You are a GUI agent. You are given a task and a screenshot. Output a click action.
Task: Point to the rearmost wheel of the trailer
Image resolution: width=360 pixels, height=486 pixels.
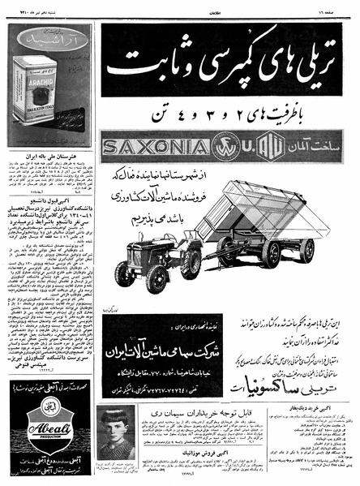pos(306,252)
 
